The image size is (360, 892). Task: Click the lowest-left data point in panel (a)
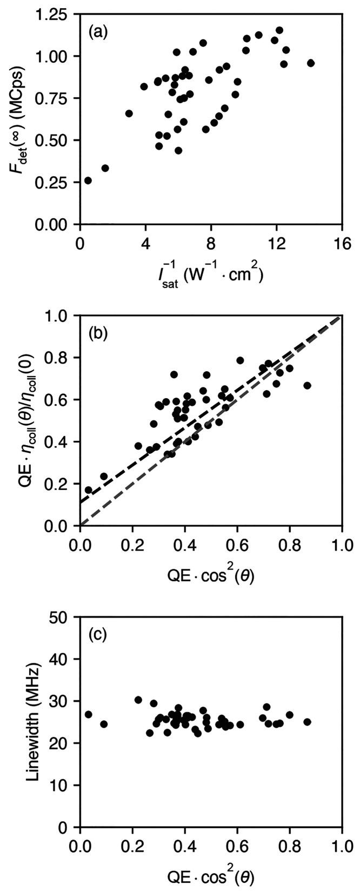click(88, 180)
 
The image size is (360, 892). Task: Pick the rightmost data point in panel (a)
click(311, 63)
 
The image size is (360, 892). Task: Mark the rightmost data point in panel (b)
click(307, 385)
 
